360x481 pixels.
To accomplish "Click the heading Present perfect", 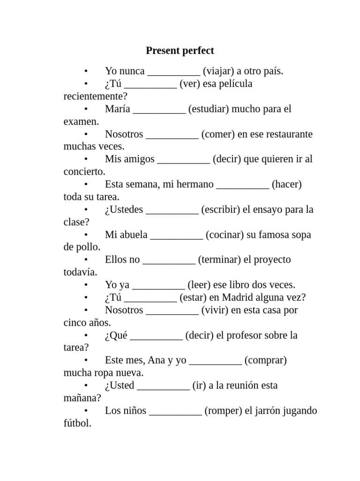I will pyautogui.click(x=180, y=51).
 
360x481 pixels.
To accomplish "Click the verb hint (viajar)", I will pyautogui.click(x=218, y=71).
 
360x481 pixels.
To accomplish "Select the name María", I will pyautogui.click(x=118, y=109).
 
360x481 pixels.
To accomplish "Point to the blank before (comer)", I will pyautogui.click(x=172, y=135).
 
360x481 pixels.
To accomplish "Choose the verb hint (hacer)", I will pyautogui.click(x=286, y=184).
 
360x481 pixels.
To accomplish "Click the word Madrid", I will pyautogui.click(x=240, y=297).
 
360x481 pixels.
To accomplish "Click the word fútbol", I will pyautogui.click(x=77, y=423).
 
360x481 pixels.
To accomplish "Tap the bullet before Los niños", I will pyautogui.click(x=86, y=411).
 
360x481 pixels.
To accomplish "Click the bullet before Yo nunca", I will pyautogui.click(x=86, y=71).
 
